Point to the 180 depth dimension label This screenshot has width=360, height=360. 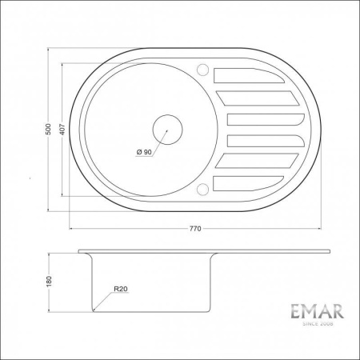(x=49, y=281)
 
